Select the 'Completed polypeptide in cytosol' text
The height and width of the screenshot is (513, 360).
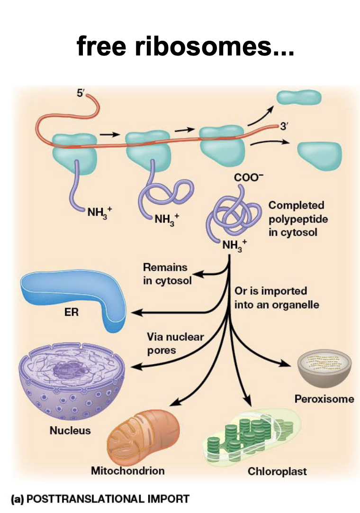tap(297, 219)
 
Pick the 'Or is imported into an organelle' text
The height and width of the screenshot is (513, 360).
tap(276, 297)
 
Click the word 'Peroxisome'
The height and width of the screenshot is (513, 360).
tap(324, 399)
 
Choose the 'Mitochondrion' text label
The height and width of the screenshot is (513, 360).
tap(128, 470)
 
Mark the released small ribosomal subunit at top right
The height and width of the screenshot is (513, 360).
tap(299, 98)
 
